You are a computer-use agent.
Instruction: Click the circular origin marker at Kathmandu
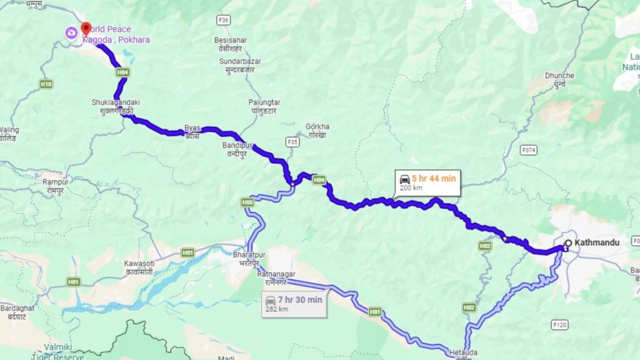[568, 243]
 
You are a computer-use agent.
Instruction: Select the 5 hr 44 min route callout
[428, 182]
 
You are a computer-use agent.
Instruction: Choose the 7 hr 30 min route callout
[293, 304]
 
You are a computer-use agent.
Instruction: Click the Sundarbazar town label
[239, 61]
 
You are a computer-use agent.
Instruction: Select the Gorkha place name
[318, 126]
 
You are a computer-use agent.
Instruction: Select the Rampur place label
[55, 181]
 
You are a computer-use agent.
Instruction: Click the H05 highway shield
[248, 202]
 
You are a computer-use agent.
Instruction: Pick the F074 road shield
[529, 150]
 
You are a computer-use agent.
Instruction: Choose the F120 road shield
[559, 325]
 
